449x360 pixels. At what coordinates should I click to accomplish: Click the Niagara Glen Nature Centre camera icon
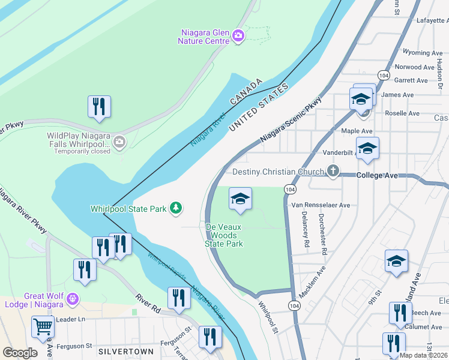point(238,35)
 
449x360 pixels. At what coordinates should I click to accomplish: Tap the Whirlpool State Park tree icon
point(176,208)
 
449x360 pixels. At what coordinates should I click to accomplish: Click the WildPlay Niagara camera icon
point(119,142)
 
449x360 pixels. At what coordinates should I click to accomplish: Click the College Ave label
point(377,175)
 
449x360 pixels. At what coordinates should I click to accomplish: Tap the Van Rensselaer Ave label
point(320,205)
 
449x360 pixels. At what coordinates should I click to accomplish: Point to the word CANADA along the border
point(247,91)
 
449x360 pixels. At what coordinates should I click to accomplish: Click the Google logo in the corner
point(20,352)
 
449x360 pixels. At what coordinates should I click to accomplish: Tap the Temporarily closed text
point(82,151)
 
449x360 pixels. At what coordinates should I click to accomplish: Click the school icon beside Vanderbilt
point(367,149)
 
